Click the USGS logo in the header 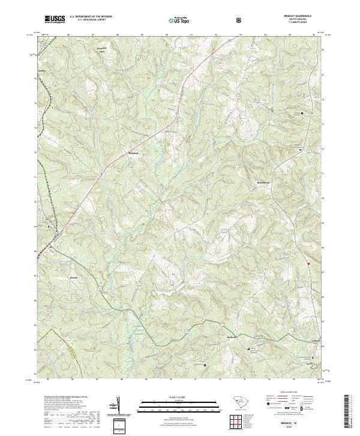tap(55, 19)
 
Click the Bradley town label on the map tap(74, 278)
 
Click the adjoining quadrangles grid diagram tap(238, 423)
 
